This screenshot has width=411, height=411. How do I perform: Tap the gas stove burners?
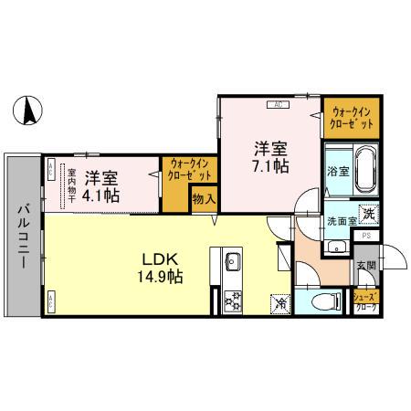pos(229,297)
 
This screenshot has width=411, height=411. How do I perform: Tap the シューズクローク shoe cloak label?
pos(368,301)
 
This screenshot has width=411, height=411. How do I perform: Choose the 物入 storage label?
pos(203,199)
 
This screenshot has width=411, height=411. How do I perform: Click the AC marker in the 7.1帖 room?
pos(277,103)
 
